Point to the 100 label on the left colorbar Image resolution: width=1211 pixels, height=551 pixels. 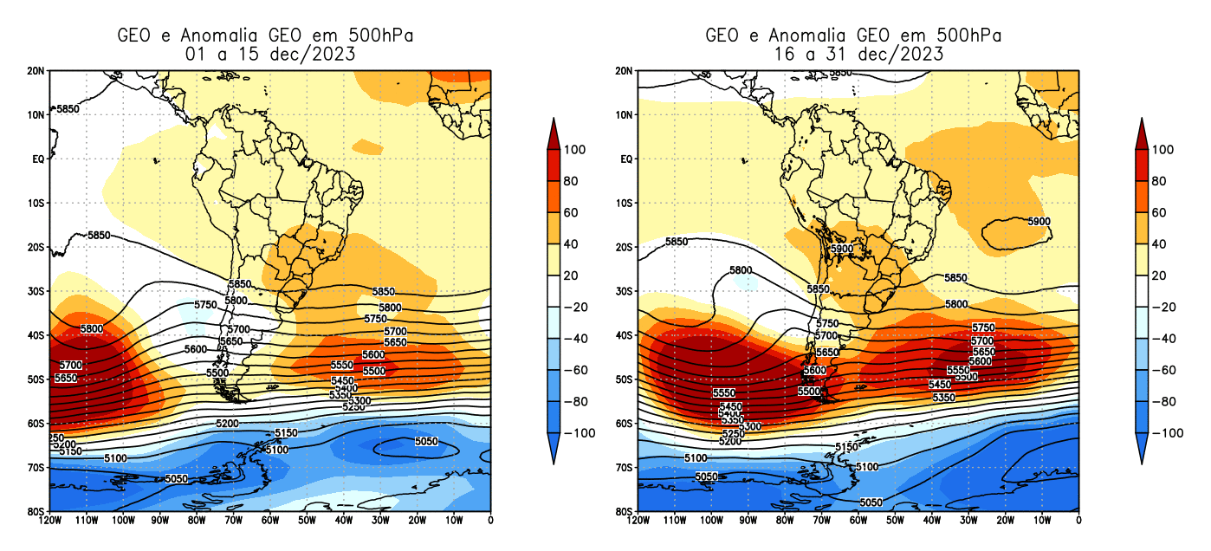tap(573, 150)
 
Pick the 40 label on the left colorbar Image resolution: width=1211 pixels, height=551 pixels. tap(570, 244)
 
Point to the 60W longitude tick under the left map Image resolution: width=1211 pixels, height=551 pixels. tap(269, 520)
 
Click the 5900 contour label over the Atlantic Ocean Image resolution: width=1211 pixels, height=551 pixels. tap(1039, 222)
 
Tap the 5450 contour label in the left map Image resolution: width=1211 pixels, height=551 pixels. tap(344, 381)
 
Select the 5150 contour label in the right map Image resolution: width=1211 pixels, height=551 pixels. tap(847, 447)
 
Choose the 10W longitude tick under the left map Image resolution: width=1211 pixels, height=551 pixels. tap(454, 520)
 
